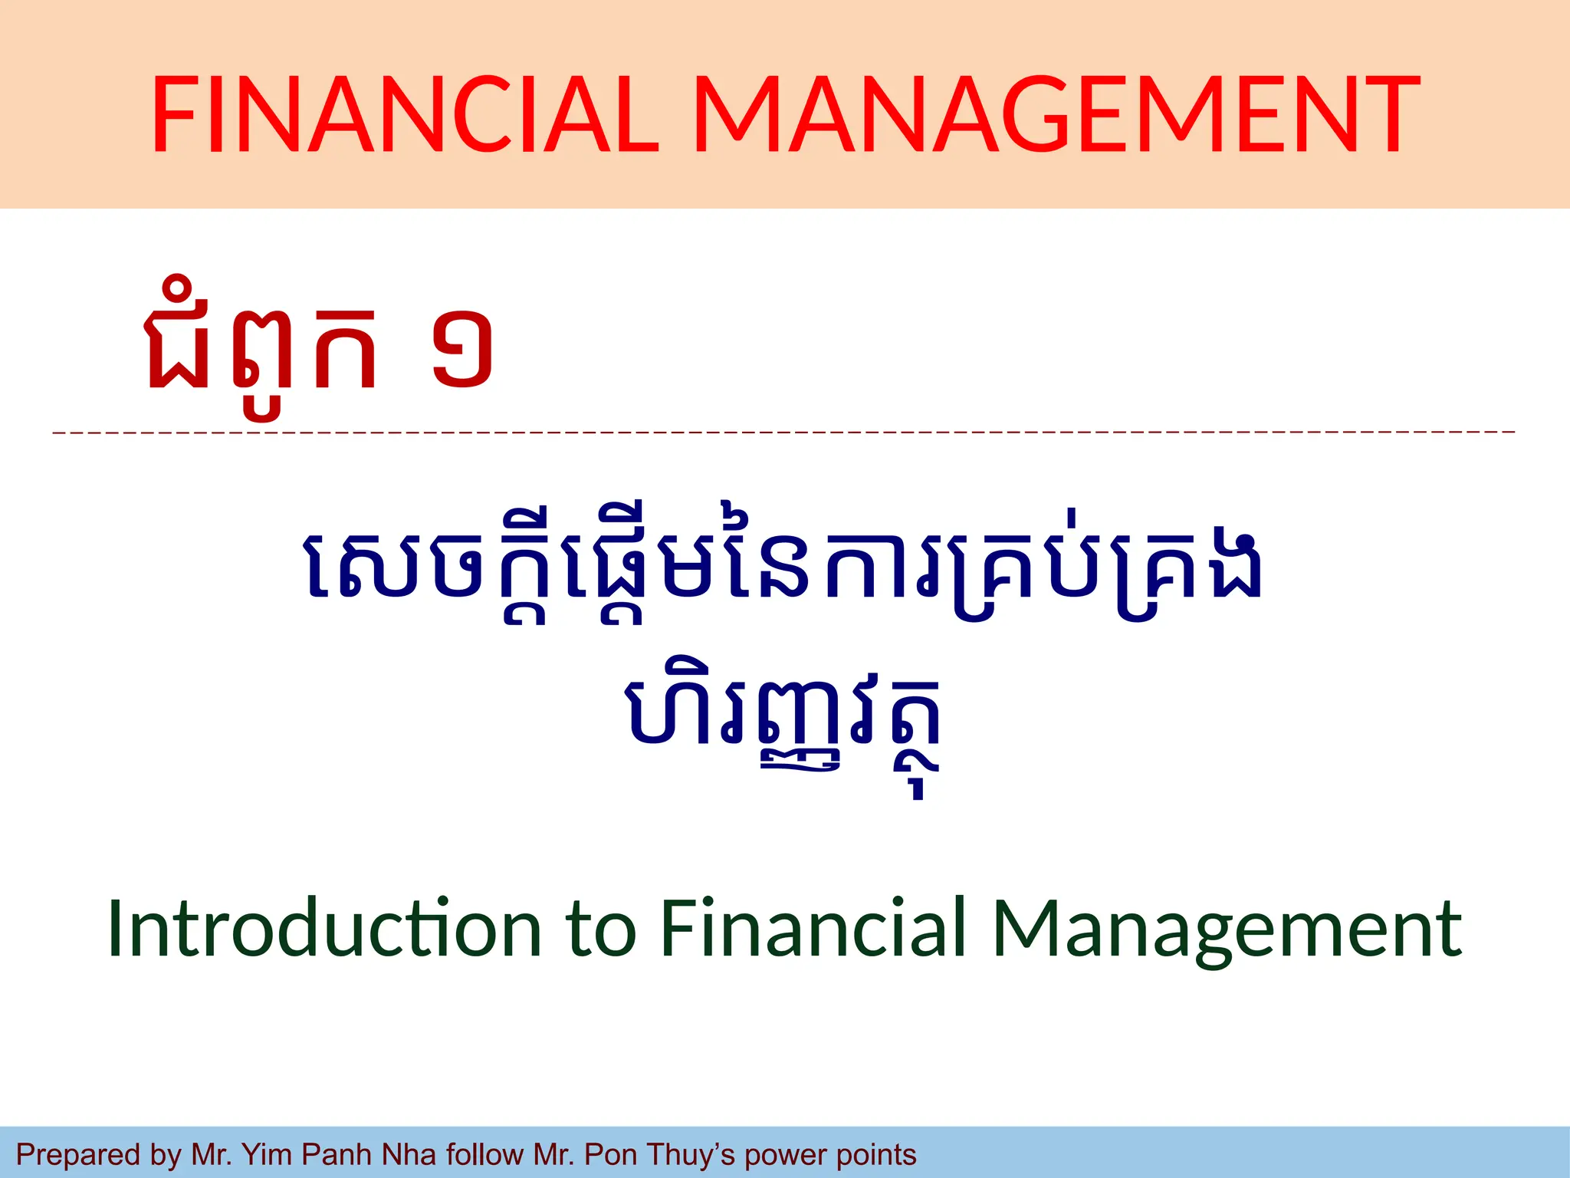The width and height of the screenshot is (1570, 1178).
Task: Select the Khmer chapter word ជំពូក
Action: pos(261,349)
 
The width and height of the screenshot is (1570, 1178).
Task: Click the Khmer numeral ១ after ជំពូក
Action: pos(461,349)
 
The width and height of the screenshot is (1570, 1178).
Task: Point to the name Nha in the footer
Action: pos(409,1155)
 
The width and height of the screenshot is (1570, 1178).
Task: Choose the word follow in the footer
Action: pos(484,1155)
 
